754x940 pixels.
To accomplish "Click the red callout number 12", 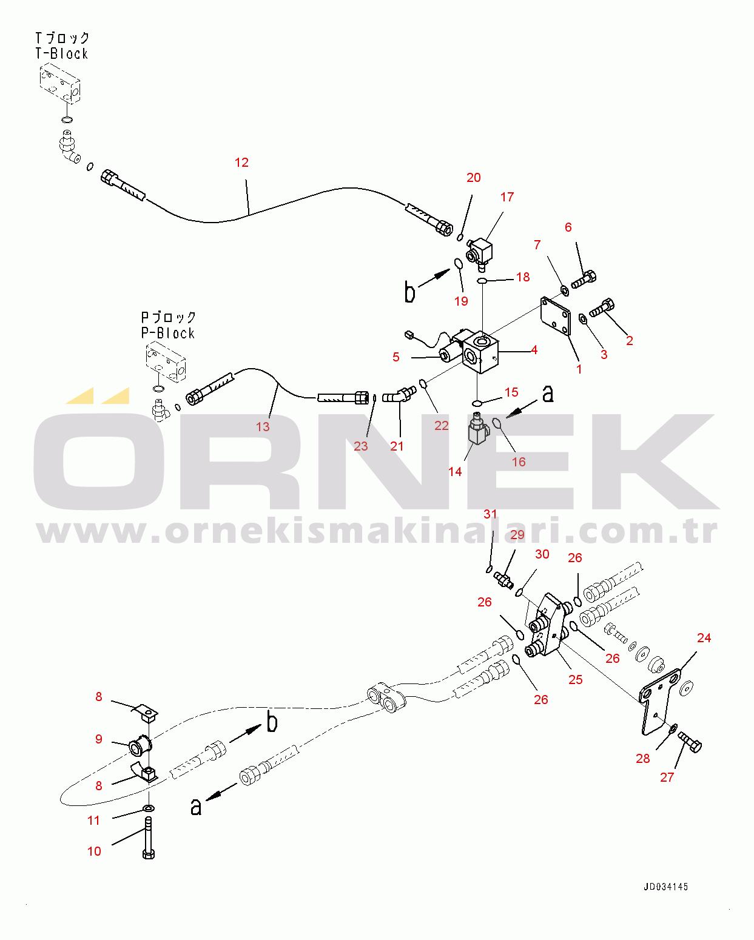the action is tap(241, 163).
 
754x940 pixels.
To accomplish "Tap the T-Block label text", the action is tap(62, 54).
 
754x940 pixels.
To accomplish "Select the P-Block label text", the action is tap(168, 334).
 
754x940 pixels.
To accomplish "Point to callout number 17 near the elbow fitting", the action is tap(507, 197).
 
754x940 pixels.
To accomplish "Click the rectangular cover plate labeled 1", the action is tap(556, 316).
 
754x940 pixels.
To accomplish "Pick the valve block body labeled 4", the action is tap(480, 353).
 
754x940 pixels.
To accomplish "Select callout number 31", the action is tap(490, 514).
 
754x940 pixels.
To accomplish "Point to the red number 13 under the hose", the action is tap(263, 427).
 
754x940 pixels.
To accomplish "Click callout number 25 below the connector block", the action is tap(575, 679).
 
